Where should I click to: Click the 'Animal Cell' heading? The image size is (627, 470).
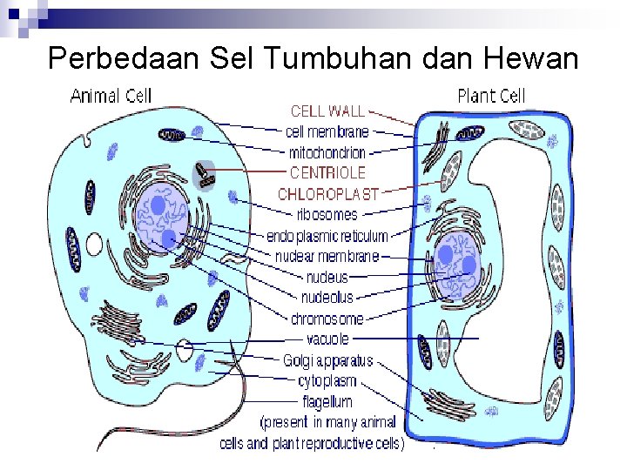pyautogui.click(x=111, y=95)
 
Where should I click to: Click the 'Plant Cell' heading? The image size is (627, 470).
pyautogui.click(x=491, y=95)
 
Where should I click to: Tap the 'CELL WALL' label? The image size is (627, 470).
pyautogui.click(x=327, y=111)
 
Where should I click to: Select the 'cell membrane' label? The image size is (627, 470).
pyautogui.click(x=327, y=132)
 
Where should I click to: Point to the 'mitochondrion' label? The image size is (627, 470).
pyautogui.click(x=327, y=152)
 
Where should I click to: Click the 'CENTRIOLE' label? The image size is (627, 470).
pyautogui.click(x=327, y=172)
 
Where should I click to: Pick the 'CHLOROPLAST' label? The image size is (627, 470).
pyautogui.click(x=328, y=193)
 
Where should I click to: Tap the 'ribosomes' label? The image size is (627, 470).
pyautogui.click(x=327, y=214)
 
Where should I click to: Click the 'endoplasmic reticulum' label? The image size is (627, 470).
pyautogui.click(x=327, y=235)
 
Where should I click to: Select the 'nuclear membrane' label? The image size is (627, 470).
pyautogui.click(x=327, y=256)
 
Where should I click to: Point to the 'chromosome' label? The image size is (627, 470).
pyautogui.click(x=327, y=319)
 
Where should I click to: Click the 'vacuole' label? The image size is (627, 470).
pyautogui.click(x=327, y=339)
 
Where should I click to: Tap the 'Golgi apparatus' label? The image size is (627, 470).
pyautogui.click(x=327, y=359)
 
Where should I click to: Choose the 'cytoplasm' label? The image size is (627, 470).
pyautogui.click(x=327, y=380)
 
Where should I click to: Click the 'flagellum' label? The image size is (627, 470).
pyautogui.click(x=327, y=401)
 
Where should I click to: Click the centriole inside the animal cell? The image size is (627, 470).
pyautogui.click(x=206, y=174)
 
